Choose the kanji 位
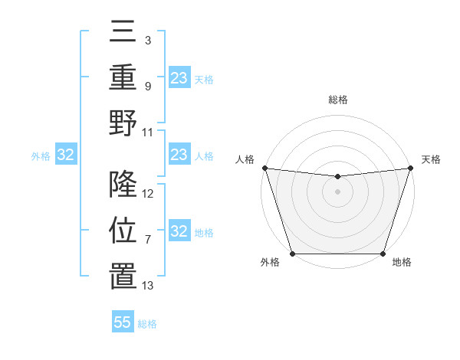click(123, 230)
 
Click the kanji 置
click(123, 274)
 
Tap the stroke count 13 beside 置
click(148, 286)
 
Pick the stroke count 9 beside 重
click(147, 87)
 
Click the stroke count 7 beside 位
click(147, 240)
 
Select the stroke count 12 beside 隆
click(148, 194)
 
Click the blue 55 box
click(123, 322)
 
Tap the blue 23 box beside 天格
click(179, 77)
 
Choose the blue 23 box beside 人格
click(179, 155)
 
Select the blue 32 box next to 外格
click(65, 155)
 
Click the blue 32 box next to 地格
click(179, 231)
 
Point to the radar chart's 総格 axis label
click(337, 100)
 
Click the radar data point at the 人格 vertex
click(264, 168)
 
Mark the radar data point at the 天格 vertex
click(410, 168)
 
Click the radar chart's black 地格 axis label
click(402, 262)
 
